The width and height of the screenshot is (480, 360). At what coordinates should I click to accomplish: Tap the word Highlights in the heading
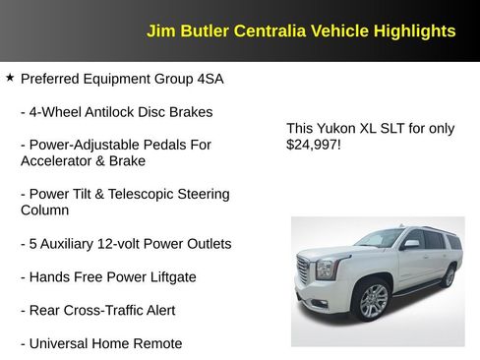tap(414, 30)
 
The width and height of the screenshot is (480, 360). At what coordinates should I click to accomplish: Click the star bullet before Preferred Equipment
tap(10, 77)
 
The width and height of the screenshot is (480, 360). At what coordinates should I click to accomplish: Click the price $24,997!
tap(313, 145)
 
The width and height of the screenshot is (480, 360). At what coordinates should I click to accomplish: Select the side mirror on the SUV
tap(411, 243)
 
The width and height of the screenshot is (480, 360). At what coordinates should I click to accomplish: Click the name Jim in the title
tap(159, 30)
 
